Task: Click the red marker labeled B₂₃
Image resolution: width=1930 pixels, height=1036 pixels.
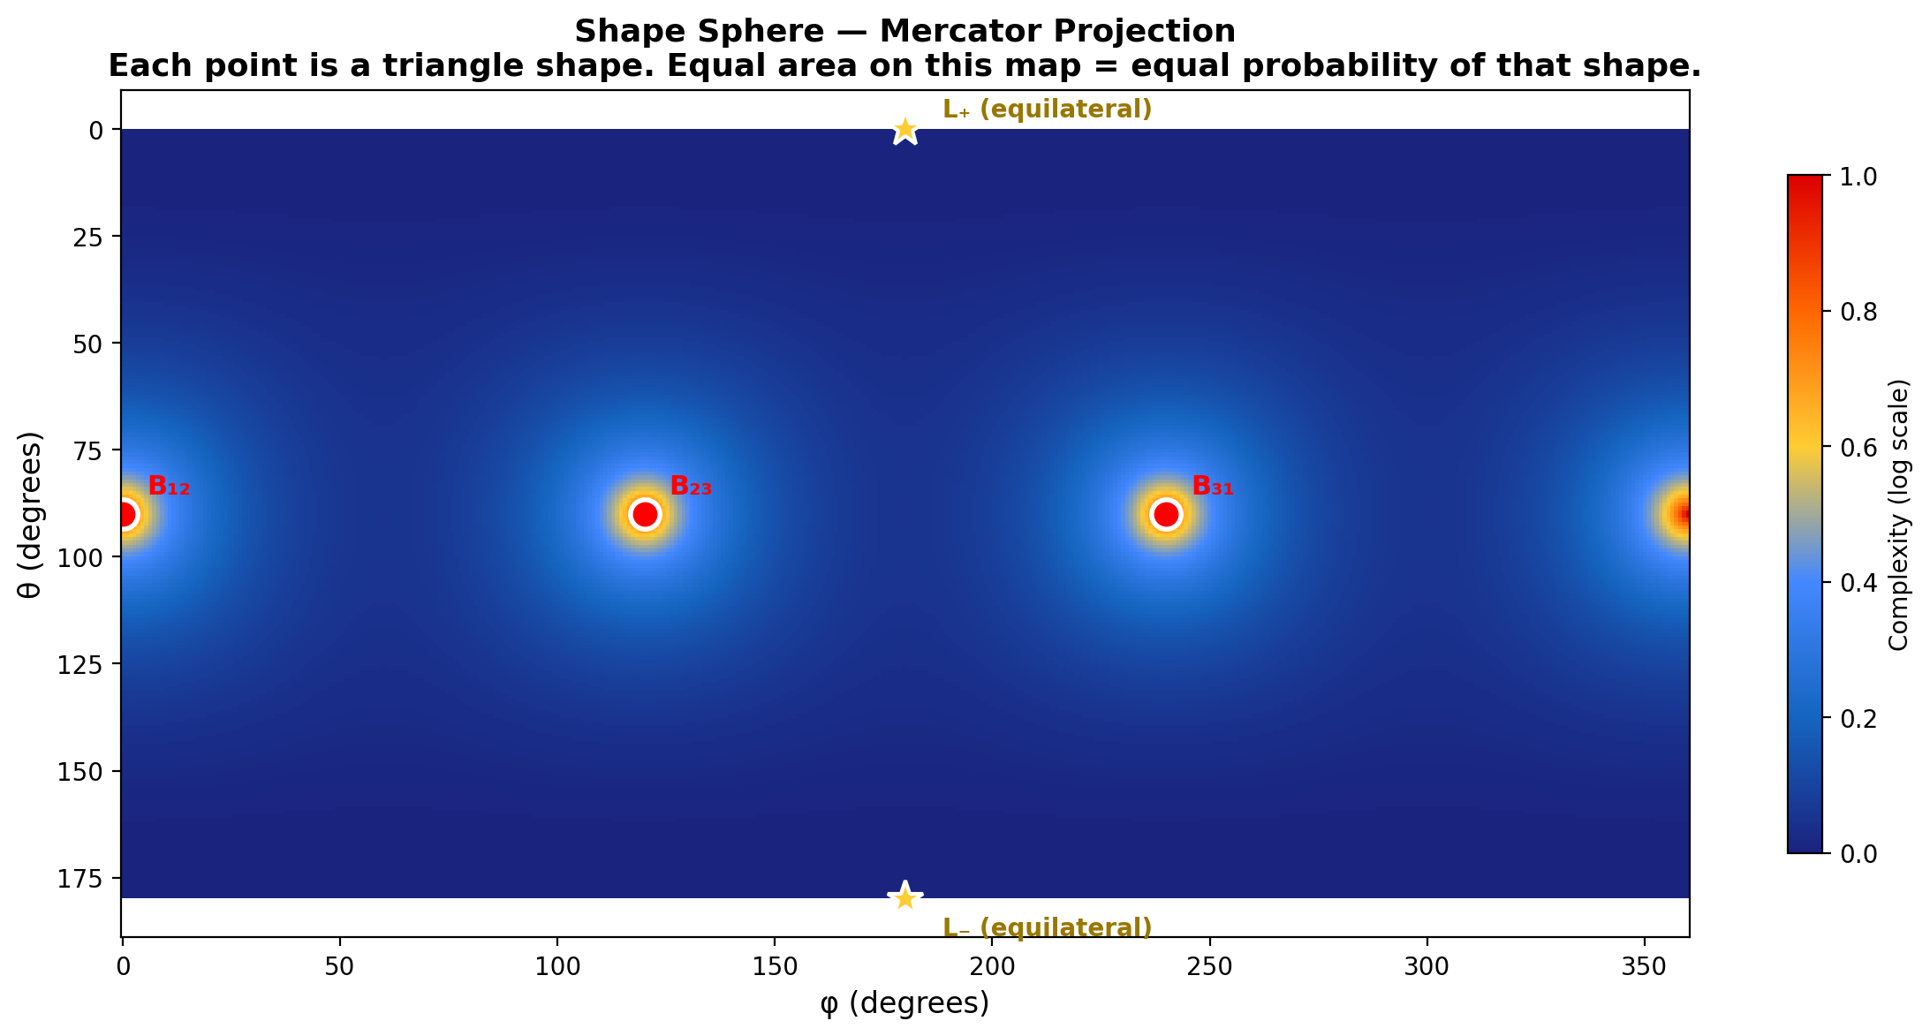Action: (x=645, y=514)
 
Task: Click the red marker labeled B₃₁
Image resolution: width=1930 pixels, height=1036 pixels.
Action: (x=1166, y=514)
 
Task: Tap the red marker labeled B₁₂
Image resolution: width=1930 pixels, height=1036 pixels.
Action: (x=125, y=514)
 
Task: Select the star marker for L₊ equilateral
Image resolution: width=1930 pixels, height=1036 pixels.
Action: (x=904, y=131)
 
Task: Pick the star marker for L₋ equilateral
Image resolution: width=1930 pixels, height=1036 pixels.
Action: (x=904, y=897)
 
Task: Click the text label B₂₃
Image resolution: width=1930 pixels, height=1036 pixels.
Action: (x=691, y=486)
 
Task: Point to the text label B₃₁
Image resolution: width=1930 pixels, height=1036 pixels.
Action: (x=1213, y=486)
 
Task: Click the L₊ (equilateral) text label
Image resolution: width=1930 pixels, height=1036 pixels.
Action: (x=1048, y=110)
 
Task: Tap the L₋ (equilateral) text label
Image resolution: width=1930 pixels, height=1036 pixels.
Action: (x=1048, y=928)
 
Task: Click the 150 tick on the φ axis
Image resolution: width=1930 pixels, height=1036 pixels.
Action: (x=775, y=966)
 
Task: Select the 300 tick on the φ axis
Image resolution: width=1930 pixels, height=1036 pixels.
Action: (x=1427, y=966)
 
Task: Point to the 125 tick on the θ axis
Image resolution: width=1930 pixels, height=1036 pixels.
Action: (x=90, y=664)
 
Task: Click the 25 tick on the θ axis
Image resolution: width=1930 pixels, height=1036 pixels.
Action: (x=96, y=237)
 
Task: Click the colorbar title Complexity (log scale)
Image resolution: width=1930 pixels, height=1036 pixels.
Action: (x=1899, y=515)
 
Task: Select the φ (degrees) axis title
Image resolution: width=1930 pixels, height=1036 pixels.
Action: (x=904, y=1004)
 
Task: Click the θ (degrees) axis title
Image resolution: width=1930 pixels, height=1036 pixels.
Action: (x=31, y=514)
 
